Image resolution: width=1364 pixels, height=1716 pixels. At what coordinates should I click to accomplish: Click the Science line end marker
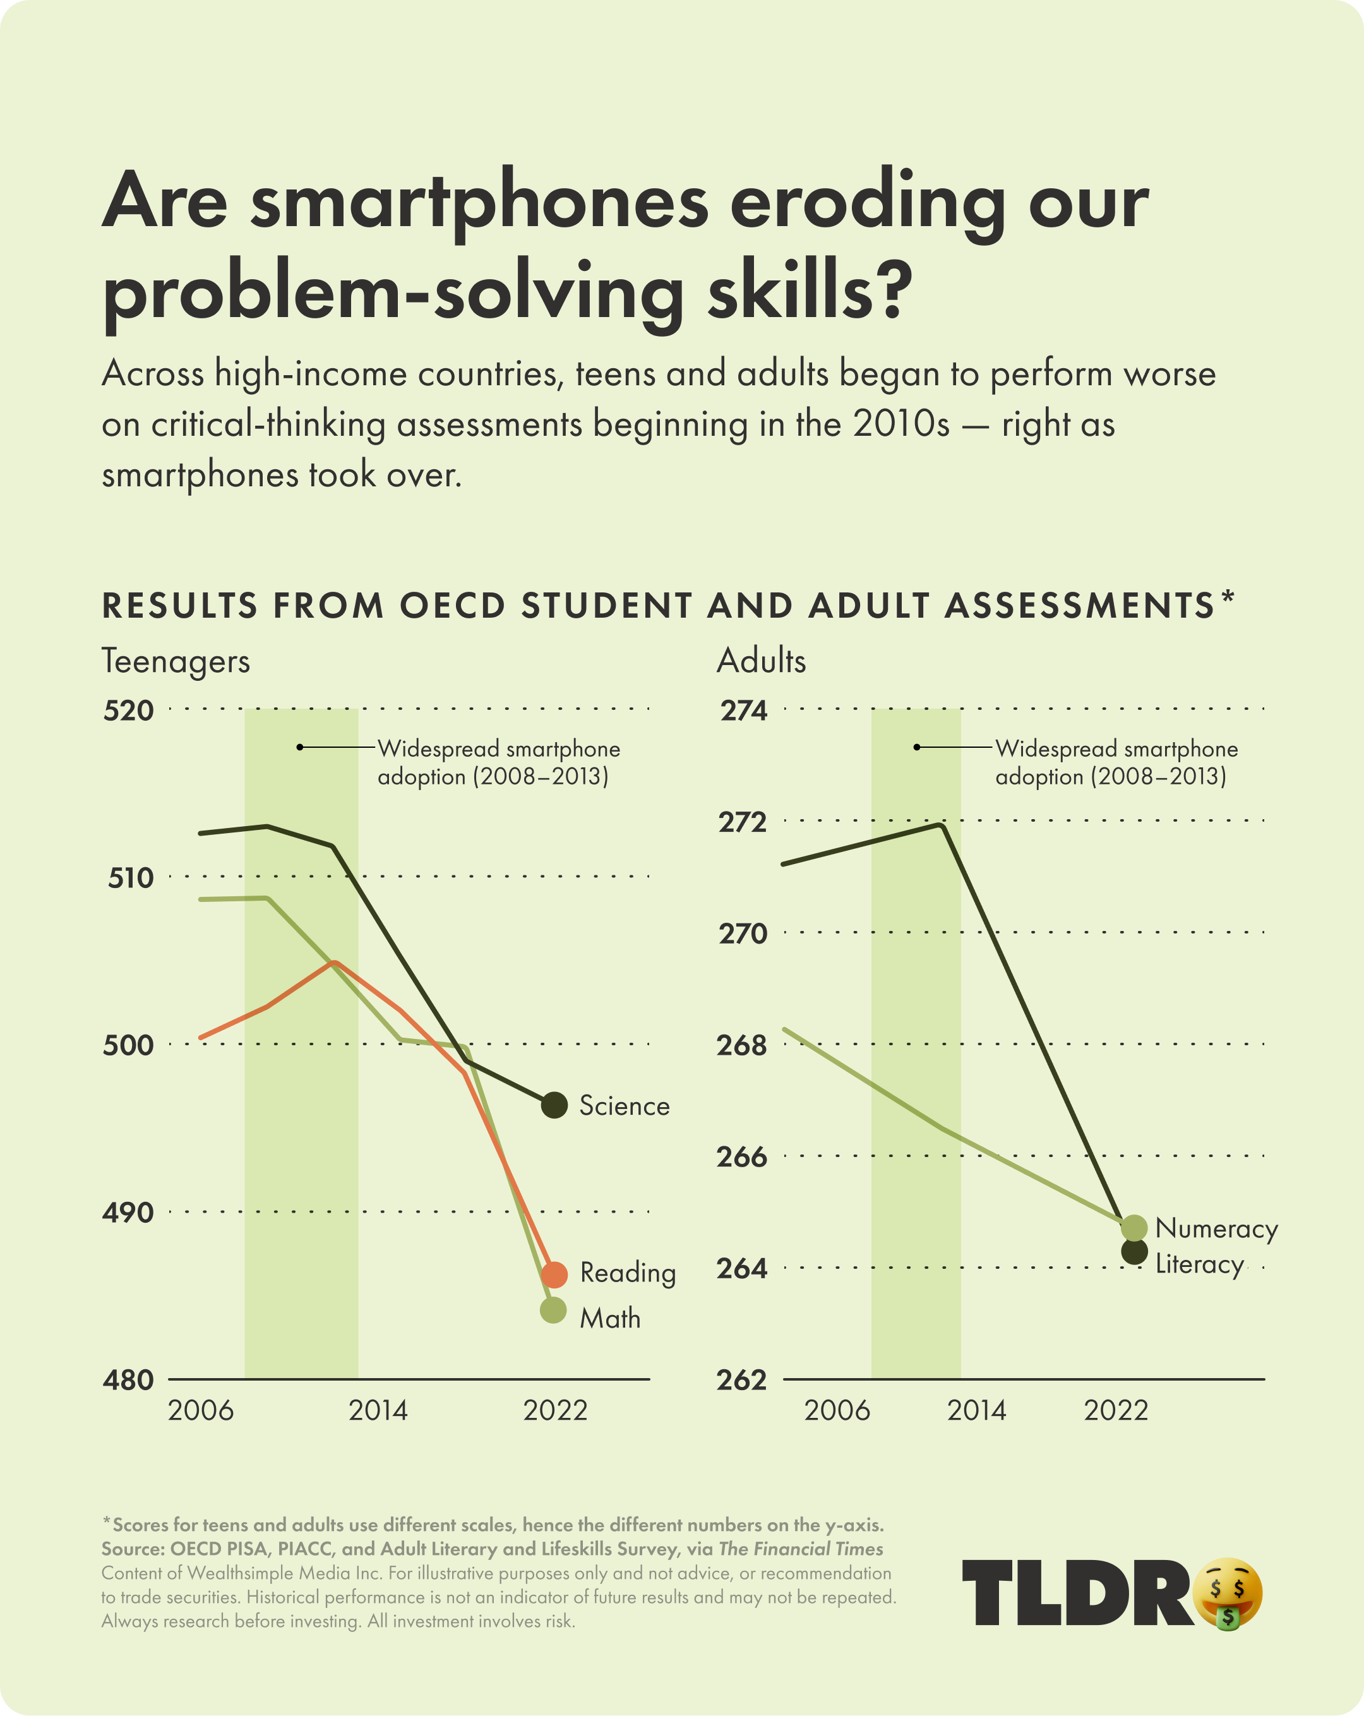554,1105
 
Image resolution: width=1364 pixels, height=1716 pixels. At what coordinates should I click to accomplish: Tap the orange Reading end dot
554,1275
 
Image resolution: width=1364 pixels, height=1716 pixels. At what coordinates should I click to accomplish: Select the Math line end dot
553,1310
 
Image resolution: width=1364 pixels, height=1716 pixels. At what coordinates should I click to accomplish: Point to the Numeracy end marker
1134,1228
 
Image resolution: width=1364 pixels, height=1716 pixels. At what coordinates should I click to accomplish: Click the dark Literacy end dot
1134,1252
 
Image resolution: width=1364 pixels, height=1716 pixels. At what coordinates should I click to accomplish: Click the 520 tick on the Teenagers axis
128,710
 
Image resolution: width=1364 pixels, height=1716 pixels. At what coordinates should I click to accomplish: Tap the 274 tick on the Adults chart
744,710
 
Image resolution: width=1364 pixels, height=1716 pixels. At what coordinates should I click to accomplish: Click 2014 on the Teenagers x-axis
378,1410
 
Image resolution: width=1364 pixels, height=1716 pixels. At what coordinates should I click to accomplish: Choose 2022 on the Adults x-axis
1116,1410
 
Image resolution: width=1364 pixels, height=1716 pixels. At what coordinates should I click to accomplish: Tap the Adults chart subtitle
762,661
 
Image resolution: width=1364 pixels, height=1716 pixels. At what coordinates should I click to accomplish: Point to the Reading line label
628,1273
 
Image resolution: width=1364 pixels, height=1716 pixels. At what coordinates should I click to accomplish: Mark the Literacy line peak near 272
942,825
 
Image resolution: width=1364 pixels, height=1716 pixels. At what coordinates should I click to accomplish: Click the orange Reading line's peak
335,963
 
